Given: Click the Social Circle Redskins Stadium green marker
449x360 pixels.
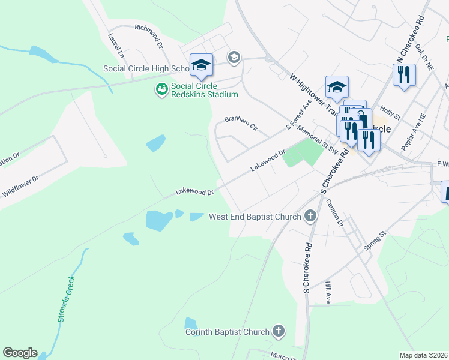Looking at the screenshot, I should tap(161, 90).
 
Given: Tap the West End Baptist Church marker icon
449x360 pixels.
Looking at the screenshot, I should tap(310, 216).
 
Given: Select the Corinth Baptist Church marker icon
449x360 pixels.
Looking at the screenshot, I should tap(278, 331).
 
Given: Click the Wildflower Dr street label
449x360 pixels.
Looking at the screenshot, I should tap(20, 185).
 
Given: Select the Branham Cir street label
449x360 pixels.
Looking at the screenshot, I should tap(240, 122).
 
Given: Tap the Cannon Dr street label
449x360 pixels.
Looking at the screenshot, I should tap(334, 212).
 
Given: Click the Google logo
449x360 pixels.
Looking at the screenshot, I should tap(20, 353).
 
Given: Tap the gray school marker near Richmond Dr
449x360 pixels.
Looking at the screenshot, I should tap(234, 58).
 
